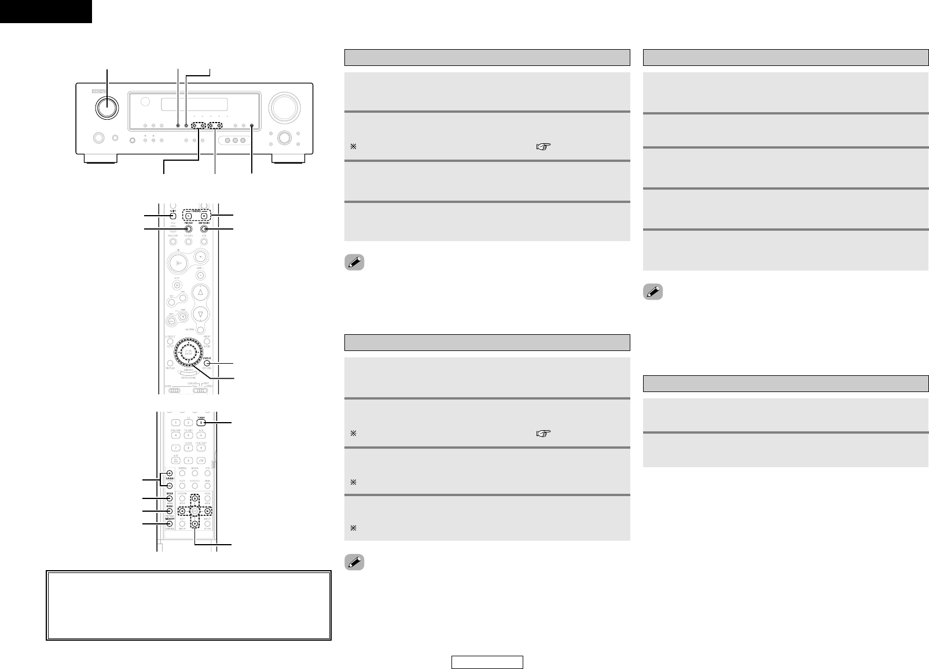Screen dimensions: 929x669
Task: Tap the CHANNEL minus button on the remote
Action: pyautogui.click(x=189, y=216)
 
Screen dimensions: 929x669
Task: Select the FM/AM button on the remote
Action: pyautogui.click(x=188, y=230)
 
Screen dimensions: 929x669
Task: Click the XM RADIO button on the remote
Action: pyautogui.click(x=204, y=230)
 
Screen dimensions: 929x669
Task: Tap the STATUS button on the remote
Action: pyautogui.click(x=207, y=364)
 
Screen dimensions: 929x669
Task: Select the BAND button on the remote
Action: pyautogui.click(x=170, y=511)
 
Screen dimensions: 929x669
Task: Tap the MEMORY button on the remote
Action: pyautogui.click(x=170, y=524)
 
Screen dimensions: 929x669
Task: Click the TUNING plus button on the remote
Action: pyautogui.click(x=170, y=474)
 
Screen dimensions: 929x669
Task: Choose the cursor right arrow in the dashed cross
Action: pyautogui.click(x=207, y=511)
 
